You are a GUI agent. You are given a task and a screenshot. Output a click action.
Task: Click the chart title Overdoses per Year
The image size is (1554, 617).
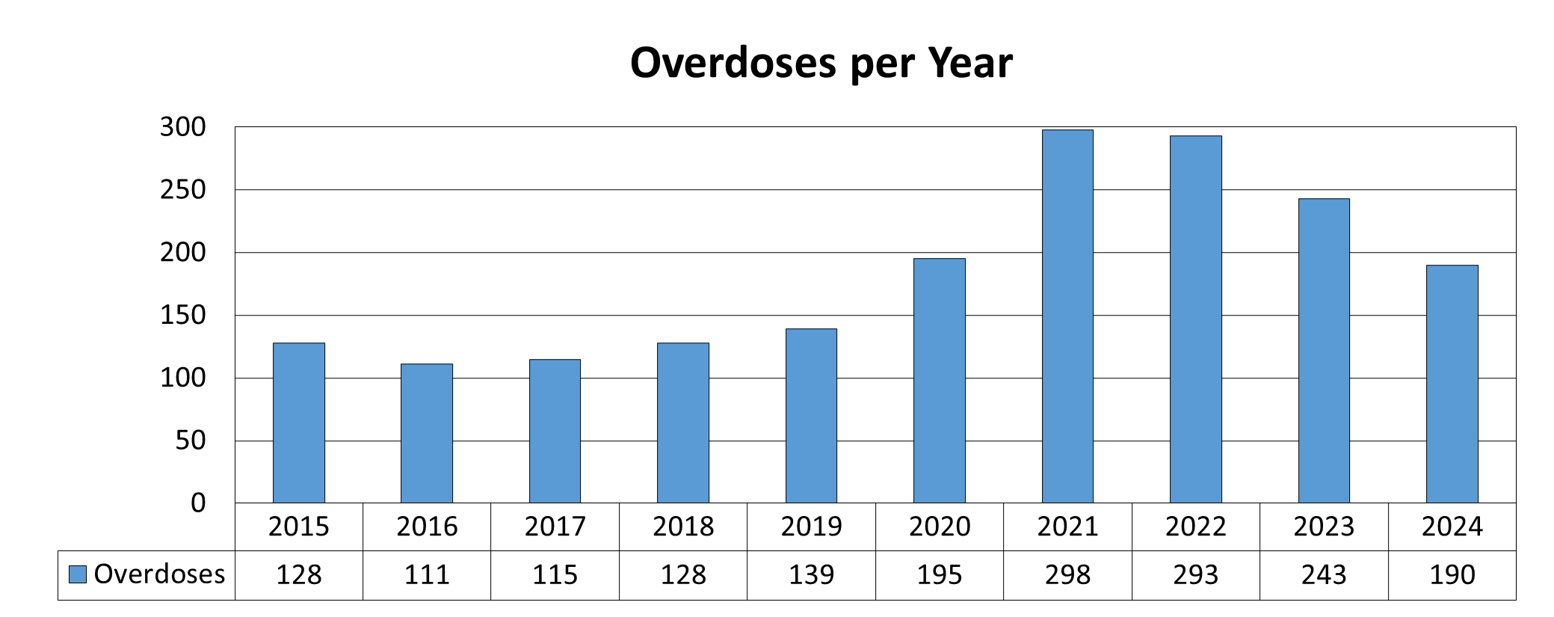coord(821,62)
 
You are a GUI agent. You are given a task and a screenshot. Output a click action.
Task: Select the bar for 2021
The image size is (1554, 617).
coord(1067,316)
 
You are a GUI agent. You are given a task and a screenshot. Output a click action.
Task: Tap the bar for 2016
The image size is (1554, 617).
coord(427,433)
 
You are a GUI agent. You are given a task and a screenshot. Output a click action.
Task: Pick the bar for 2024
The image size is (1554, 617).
coord(1452,384)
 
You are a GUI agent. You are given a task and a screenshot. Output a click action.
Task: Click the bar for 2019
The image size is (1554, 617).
coord(811,416)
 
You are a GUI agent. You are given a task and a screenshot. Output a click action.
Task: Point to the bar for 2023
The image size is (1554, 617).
coord(1324,351)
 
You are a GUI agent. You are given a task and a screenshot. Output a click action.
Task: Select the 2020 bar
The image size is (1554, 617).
coord(939,381)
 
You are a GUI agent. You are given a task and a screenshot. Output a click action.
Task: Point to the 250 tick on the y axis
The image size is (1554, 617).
coord(183,190)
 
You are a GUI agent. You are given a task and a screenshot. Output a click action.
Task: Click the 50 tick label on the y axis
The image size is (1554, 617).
coord(191,441)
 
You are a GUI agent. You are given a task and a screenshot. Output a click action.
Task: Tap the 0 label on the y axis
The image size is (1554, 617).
coord(198,503)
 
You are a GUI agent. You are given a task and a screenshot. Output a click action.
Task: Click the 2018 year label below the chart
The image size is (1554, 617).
coord(683,527)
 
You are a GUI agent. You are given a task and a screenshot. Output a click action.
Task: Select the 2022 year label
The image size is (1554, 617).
coord(1195,527)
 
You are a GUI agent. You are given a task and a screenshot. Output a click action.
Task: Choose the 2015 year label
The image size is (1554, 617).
coord(299,527)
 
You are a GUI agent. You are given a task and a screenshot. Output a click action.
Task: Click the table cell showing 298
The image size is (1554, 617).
coord(1067,575)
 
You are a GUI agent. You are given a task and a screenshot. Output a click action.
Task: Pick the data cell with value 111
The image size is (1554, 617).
coord(427,575)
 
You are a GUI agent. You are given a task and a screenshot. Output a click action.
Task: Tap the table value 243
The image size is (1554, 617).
coord(1324,575)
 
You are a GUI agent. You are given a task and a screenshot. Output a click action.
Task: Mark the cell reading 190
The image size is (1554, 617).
coord(1452,575)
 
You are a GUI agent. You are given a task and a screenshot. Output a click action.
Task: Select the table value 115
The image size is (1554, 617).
coord(555,575)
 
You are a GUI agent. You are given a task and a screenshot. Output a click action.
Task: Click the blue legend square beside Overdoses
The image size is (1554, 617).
coord(78,574)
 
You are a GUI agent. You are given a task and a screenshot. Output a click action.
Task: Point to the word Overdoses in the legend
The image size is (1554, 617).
coord(159,574)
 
